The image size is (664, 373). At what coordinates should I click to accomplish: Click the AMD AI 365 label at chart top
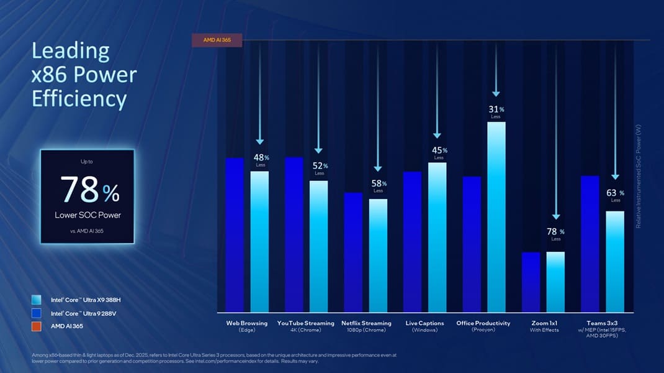pyautogui.click(x=214, y=40)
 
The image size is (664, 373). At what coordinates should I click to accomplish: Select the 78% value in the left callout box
pyautogui.click(x=89, y=190)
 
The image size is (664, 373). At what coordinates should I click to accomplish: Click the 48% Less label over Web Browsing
pyautogui.click(x=261, y=160)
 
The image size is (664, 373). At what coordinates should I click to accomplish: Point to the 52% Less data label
pyautogui.click(x=320, y=168)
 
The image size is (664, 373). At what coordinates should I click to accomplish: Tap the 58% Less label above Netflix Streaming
pyautogui.click(x=379, y=186)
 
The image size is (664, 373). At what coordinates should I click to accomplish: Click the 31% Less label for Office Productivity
pyautogui.click(x=496, y=112)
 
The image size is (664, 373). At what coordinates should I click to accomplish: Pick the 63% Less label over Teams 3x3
pyautogui.click(x=615, y=195)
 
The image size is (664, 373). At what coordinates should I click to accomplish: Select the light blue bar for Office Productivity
pyautogui.click(x=496, y=218)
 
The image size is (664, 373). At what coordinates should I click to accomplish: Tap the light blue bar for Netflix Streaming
pyautogui.click(x=378, y=255)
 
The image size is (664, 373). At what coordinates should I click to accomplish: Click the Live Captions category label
pyautogui.click(x=424, y=323)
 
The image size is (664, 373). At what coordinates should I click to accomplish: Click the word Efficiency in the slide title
pyautogui.click(x=79, y=98)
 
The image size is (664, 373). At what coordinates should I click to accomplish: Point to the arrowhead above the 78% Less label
pyautogui.click(x=556, y=216)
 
